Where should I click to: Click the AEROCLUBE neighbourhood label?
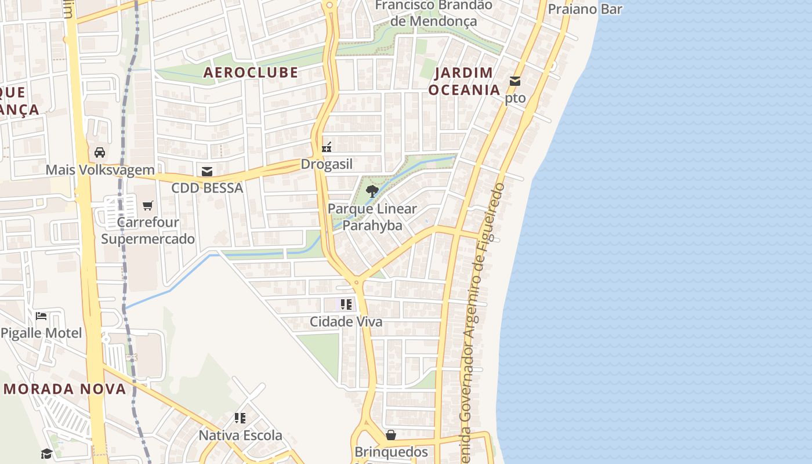tap(251, 72)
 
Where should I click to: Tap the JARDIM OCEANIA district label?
tap(463, 81)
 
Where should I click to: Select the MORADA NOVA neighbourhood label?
tap(65, 389)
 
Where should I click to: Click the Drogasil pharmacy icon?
tap(327, 147)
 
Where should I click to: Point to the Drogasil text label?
tap(327, 164)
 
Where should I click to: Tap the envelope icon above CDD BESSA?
tap(207, 171)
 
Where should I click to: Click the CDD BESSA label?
tap(207, 188)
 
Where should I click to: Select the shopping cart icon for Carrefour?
tap(148, 205)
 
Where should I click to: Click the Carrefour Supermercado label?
tap(148, 230)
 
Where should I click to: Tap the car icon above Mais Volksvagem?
tap(100, 153)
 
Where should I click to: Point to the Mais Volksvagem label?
tap(100, 170)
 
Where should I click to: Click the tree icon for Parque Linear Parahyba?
tap(372, 191)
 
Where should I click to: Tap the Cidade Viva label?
tap(346, 321)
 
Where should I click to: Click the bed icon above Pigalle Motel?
tap(41, 316)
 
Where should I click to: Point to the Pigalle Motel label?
tap(41, 333)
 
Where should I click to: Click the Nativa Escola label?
tap(241, 435)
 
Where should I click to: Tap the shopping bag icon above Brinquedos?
tap(391, 434)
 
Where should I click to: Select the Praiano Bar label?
tap(585, 9)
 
